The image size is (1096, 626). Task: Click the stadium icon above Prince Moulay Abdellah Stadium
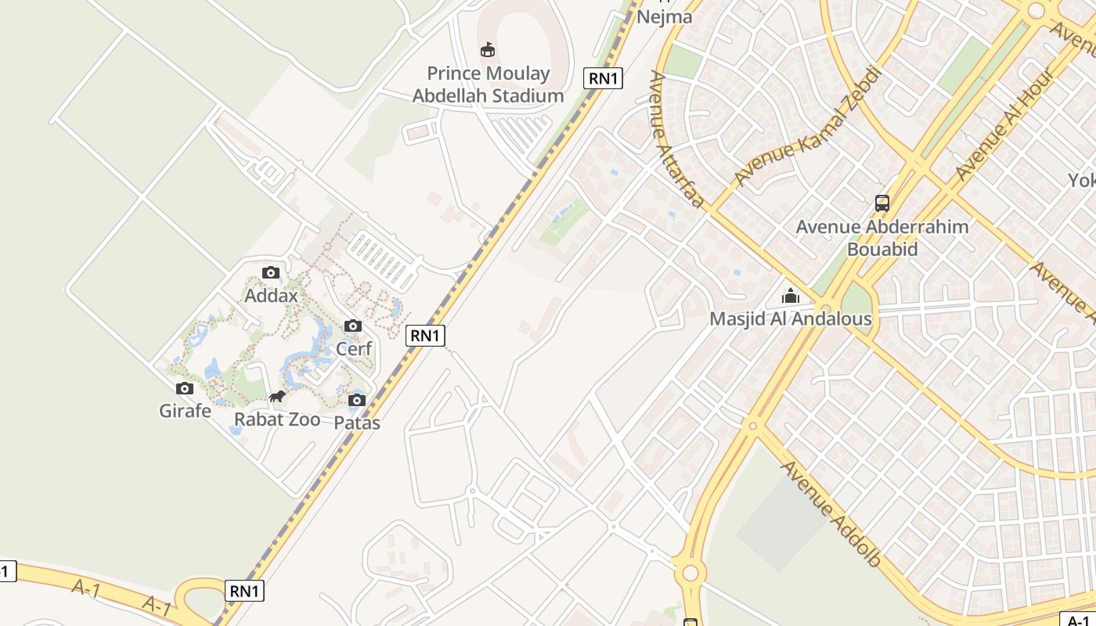coord(488,50)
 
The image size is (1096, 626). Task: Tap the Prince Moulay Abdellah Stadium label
coord(488,85)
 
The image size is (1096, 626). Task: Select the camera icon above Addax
coord(271,272)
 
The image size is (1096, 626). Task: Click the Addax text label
coord(271,296)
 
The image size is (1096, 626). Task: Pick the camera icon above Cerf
coord(353,326)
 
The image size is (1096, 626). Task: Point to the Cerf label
coord(354,348)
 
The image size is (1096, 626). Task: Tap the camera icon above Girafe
coord(185,388)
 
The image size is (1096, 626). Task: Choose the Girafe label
coord(185,410)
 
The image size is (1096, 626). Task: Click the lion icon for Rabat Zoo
coord(277,397)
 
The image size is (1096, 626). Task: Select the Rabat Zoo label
coord(277,419)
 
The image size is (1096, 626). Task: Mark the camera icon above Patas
coord(357,401)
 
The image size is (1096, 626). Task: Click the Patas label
coord(357,423)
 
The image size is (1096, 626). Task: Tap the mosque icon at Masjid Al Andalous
coord(791,297)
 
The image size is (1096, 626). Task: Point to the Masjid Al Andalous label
coord(791,319)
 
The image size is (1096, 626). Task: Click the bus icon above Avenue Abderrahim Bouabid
coord(882,203)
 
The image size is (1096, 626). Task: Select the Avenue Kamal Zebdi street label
coord(808,127)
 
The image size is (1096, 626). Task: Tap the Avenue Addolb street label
coord(831,514)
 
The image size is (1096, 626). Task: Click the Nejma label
coord(665,16)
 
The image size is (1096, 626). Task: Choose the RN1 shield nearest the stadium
coord(603,78)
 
